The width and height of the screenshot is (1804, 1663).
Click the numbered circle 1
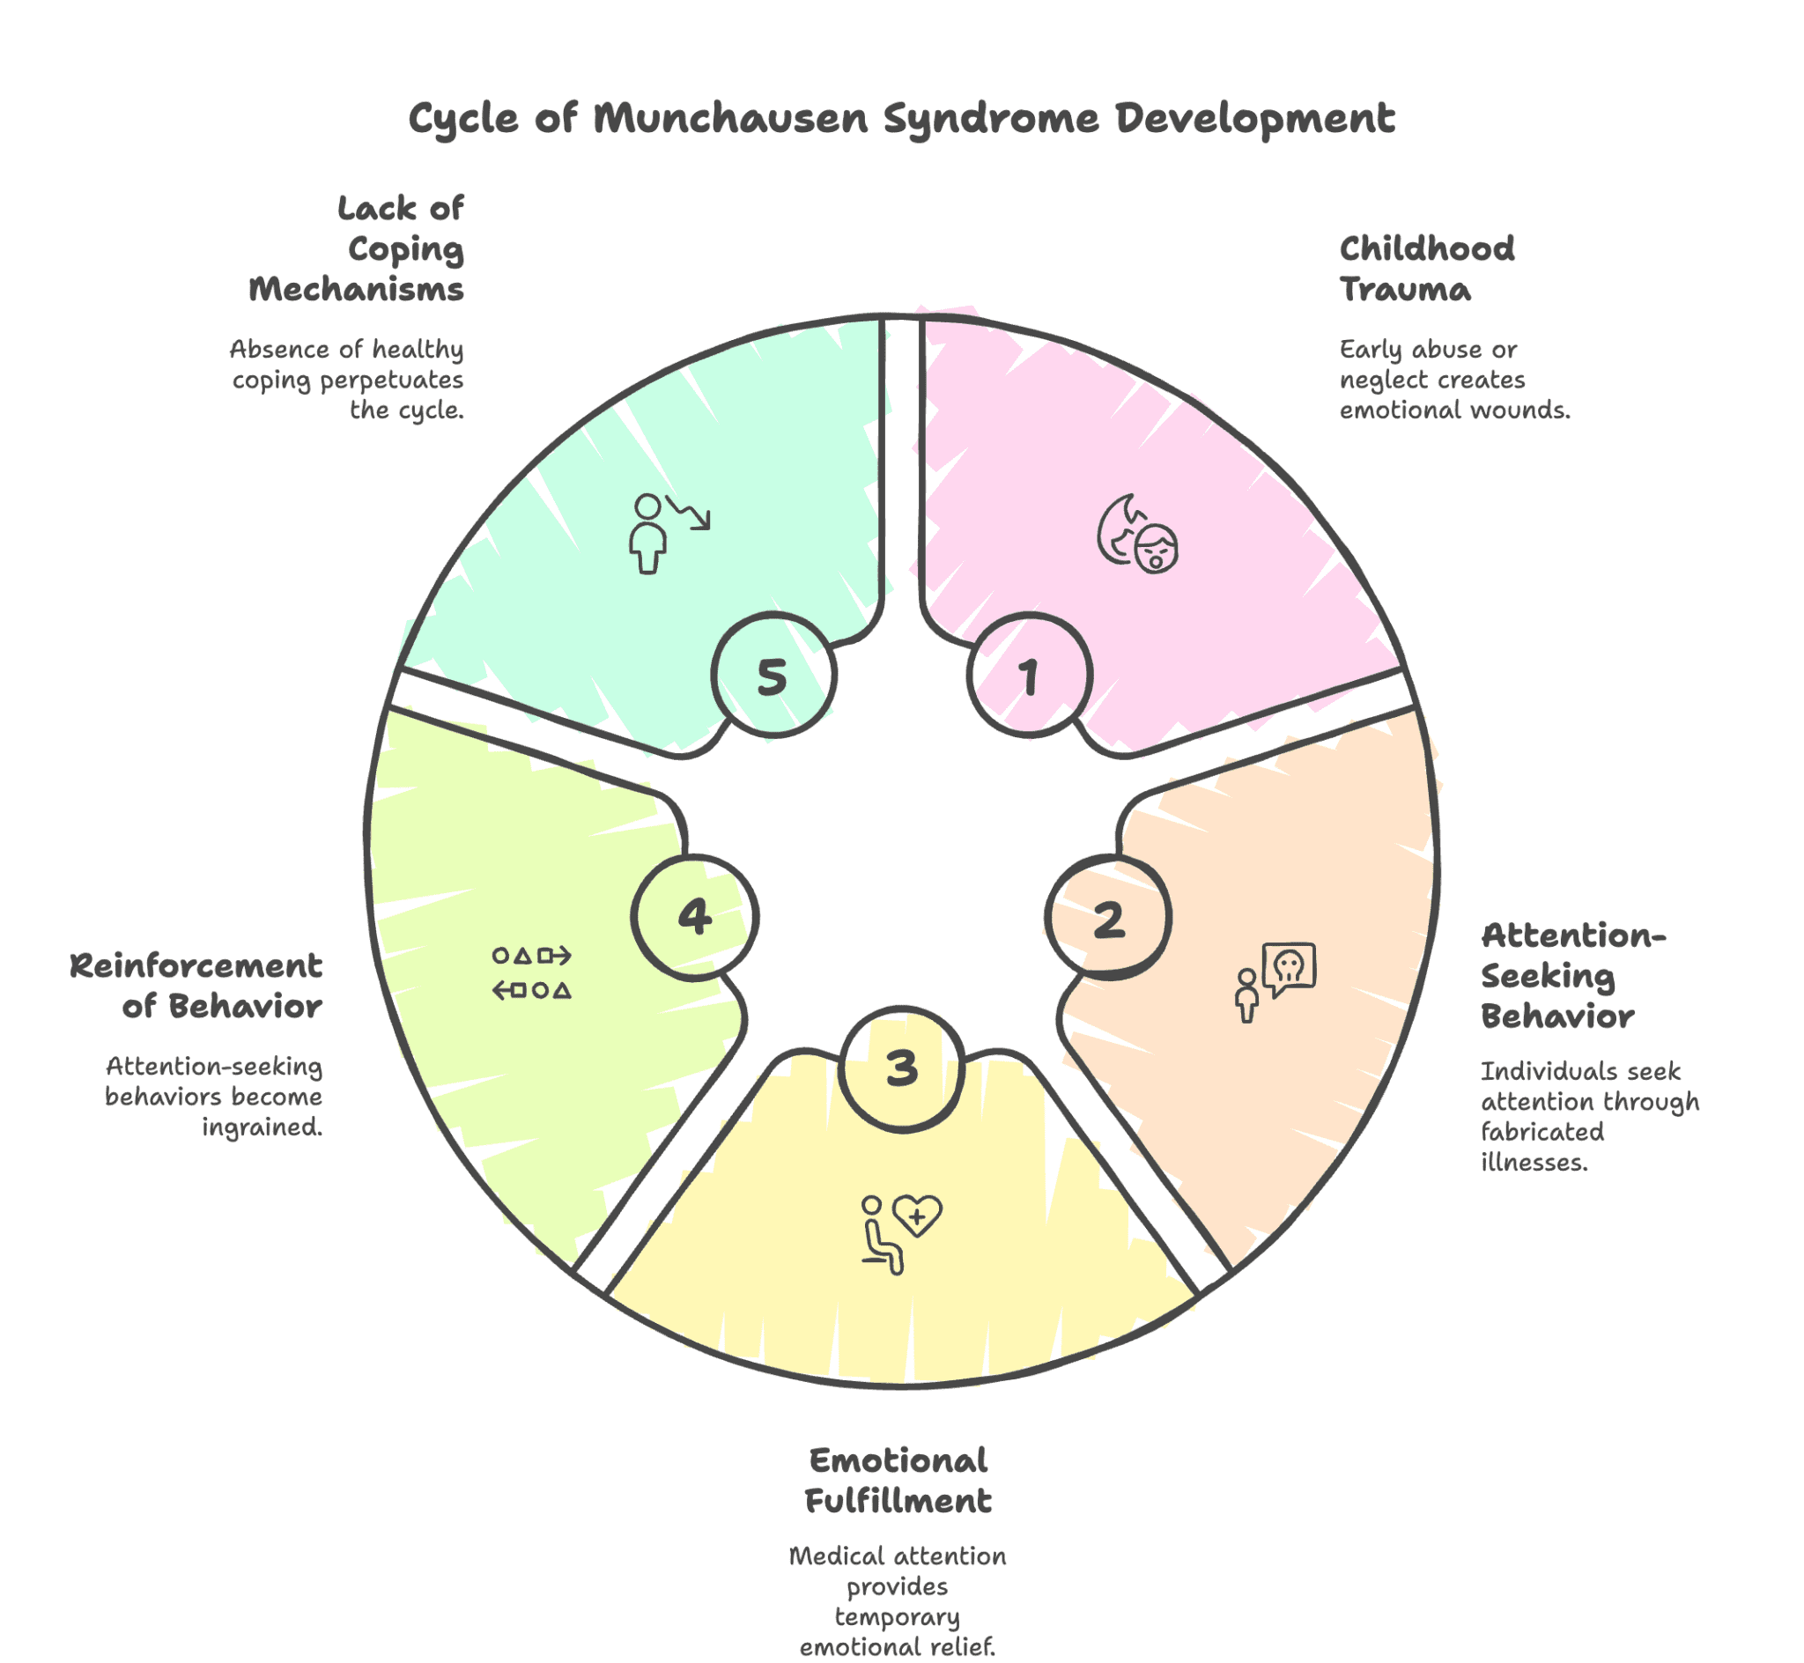(1030, 676)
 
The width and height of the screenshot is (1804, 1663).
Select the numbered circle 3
(901, 1069)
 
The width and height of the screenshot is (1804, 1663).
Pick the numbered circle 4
(695, 917)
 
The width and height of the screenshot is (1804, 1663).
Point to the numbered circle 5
(773, 676)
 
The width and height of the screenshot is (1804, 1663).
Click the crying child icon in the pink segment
(1137, 534)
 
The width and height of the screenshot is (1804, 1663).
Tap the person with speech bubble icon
(1275, 982)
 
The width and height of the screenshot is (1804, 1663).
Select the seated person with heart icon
(900, 1234)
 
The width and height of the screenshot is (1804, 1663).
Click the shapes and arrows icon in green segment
(532, 972)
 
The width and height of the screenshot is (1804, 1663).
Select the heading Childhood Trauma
(1426, 269)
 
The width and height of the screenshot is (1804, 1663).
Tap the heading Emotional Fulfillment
(898, 1482)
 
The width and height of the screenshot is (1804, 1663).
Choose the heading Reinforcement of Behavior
(196, 987)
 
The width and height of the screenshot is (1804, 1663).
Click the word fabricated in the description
(1542, 1132)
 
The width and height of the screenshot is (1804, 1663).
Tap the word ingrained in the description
(262, 1127)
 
